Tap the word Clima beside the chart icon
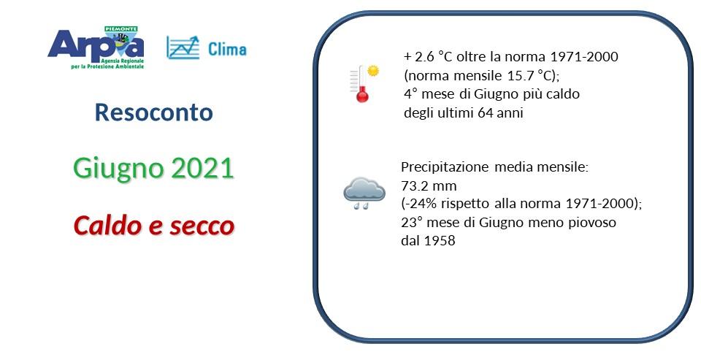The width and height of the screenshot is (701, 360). point(227,50)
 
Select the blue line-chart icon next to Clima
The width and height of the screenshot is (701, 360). point(183,47)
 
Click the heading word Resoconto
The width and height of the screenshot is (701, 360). point(154,112)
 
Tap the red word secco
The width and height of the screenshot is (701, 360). point(202,226)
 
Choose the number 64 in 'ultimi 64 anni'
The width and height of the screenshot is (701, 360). point(485,112)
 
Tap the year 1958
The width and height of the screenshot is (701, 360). point(438,241)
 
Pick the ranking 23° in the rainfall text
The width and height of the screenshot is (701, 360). point(411,222)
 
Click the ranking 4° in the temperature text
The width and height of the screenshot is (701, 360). point(410,93)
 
